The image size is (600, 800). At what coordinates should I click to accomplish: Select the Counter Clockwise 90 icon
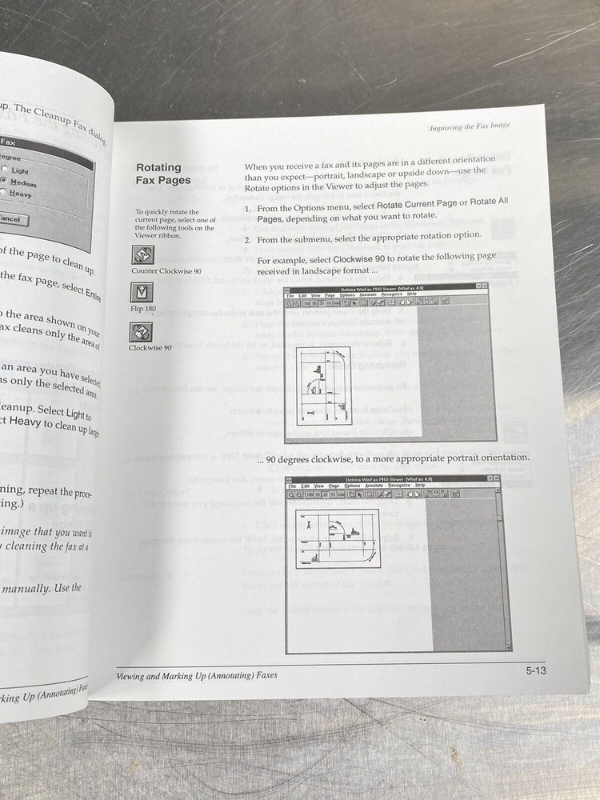(142, 255)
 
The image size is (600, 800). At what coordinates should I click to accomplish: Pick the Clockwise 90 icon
(141, 332)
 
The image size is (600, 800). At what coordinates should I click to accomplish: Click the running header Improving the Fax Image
(470, 126)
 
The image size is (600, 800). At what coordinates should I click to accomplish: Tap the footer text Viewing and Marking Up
(197, 675)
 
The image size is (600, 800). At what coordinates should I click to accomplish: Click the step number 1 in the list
(249, 209)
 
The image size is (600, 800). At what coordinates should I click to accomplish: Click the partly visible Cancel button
(12, 218)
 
